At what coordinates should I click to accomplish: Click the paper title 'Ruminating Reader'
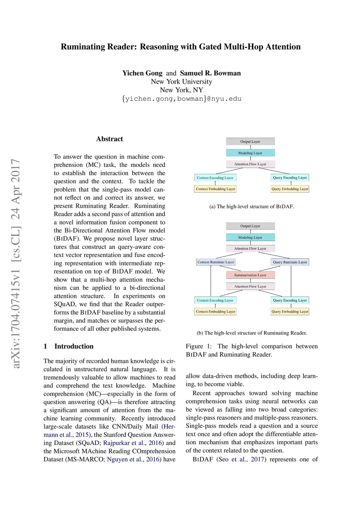click(x=180, y=47)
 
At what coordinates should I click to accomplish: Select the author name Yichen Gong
click(x=142, y=73)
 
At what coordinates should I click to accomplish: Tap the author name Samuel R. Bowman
click(x=210, y=73)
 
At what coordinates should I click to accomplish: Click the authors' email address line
click(x=181, y=99)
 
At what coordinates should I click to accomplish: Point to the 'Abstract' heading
click(x=109, y=139)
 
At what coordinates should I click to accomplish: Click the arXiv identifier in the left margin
click(x=16, y=264)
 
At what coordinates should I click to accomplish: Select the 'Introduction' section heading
click(x=73, y=346)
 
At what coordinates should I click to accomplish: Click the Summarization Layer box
click(x=250, y=275)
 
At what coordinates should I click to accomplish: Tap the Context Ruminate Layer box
click(x=216, y=262)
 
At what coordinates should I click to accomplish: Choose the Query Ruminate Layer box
click(x=290, y=262)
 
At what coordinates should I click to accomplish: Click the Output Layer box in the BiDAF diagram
click(x=250, y=142)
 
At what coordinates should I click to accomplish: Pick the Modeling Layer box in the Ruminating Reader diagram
click(x=250, y=238)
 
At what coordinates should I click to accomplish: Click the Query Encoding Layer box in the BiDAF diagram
click(x=290, y=178)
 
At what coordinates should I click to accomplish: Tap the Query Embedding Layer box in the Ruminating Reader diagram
click(x=290, y=312)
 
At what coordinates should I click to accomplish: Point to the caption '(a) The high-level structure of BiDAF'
click(x=251, y=207)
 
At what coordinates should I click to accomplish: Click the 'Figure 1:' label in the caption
click(x=199, y=346)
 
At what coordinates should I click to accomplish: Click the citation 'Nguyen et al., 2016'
click(x=134, y=459)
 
